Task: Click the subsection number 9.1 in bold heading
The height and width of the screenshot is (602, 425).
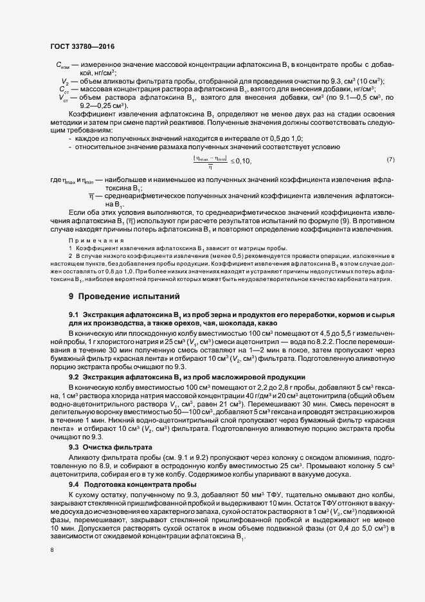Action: pyautogui.click(x=73, y=314)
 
